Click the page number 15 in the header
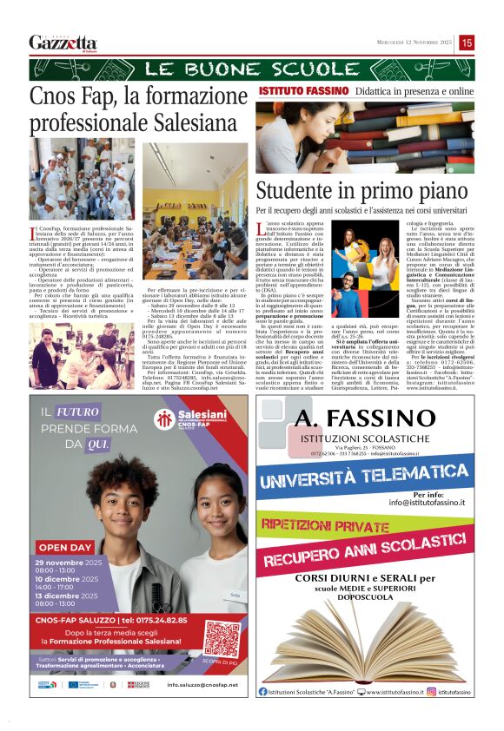pos(467,43)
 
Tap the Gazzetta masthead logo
pos(63,43)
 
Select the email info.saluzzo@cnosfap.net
pos(201,685)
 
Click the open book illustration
pos(368,642)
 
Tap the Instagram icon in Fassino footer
pos(431,692)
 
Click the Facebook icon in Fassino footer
pos(263,692)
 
